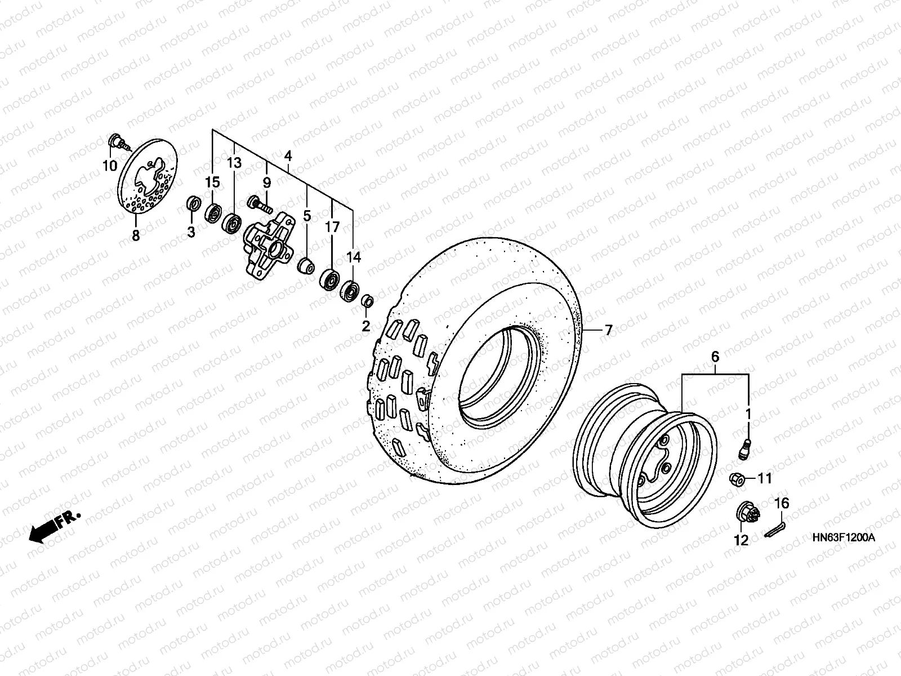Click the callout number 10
109,166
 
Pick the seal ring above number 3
193,205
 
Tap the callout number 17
332,227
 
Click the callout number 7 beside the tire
608,331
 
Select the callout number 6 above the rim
715,357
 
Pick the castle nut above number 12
744,512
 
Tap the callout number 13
234,163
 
